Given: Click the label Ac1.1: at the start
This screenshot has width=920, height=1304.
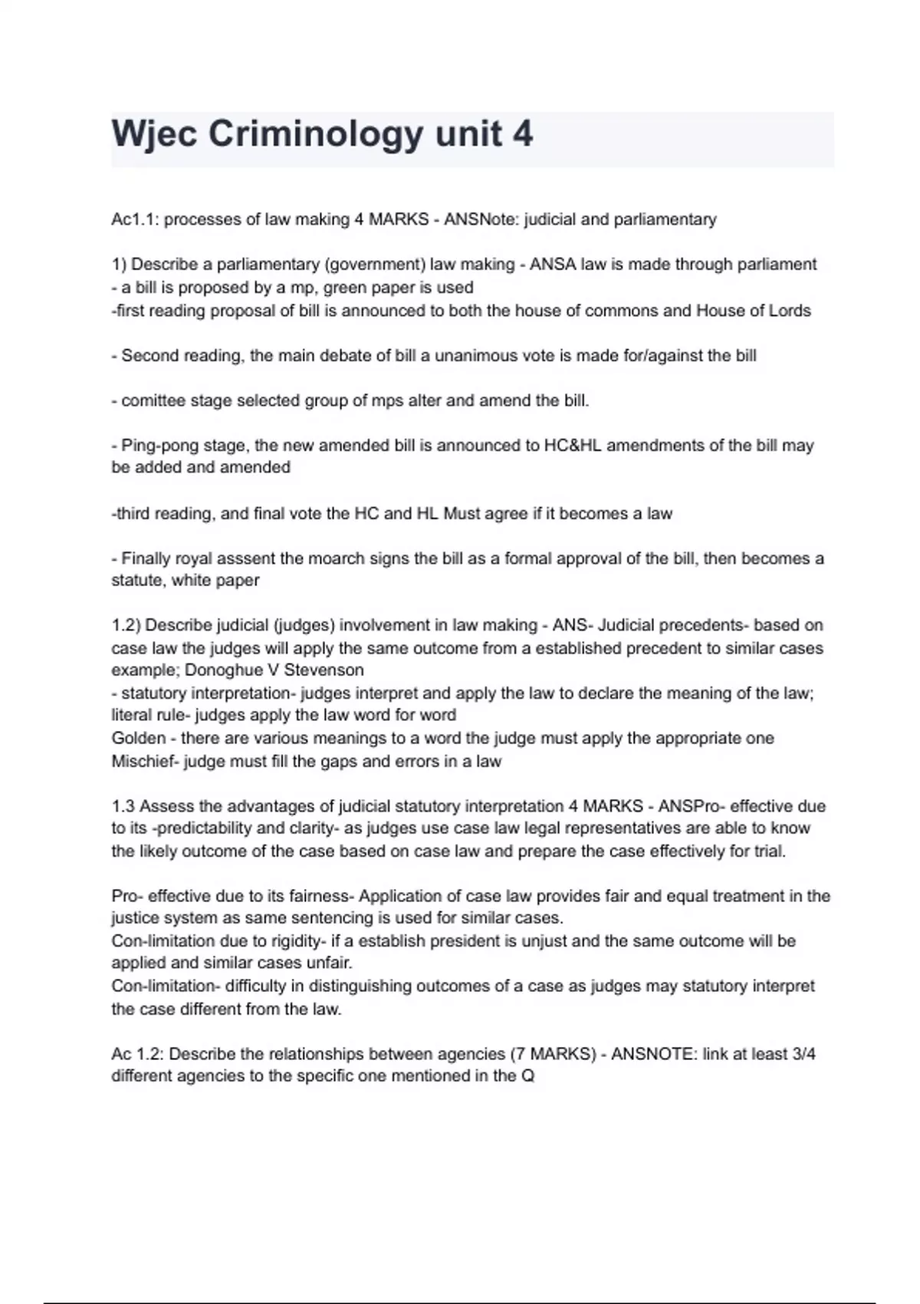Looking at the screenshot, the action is click(135, 219).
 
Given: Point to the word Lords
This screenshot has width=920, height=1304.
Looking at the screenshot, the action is click(787, 311).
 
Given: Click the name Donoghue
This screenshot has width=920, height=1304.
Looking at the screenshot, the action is click(222, 670).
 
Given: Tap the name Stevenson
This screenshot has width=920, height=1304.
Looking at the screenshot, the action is click(324, 670).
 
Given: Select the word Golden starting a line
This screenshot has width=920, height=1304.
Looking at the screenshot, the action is click(138, 738).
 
